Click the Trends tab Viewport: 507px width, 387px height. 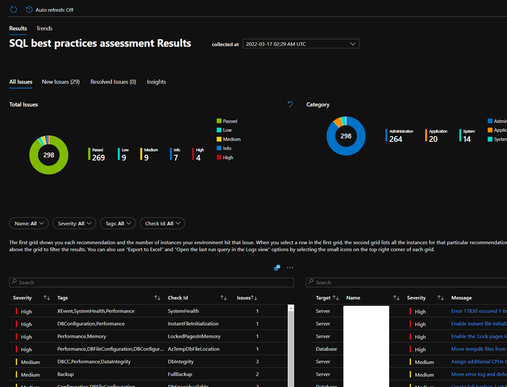click(44, 28)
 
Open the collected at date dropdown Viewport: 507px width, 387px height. click(300, 44)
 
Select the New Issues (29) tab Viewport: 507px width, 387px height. click(60, 82)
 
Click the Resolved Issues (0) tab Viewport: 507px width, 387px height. click(113, 82)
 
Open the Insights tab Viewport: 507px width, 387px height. click(156, 82)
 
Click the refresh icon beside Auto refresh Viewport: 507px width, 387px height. click(14, 10)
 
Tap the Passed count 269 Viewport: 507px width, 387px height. click(98, 158)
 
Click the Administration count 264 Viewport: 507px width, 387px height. click(396, 139)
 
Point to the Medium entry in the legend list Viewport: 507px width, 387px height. click(231, 139)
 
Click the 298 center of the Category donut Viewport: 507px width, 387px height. click(346, 136)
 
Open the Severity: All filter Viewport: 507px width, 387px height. click(74, 223)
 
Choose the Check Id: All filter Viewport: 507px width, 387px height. click(162, 223)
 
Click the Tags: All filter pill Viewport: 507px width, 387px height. click(117, 223)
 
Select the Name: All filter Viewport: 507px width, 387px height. click(29, 223)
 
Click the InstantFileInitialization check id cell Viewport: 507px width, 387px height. click(193, 324)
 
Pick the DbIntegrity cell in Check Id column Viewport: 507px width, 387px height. click(180, 361)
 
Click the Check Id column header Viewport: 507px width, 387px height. click(178, 298)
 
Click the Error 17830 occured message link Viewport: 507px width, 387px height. click(478, 311)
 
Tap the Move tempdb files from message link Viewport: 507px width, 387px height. click(478, 349)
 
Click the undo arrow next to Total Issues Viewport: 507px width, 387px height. click(290, 104)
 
